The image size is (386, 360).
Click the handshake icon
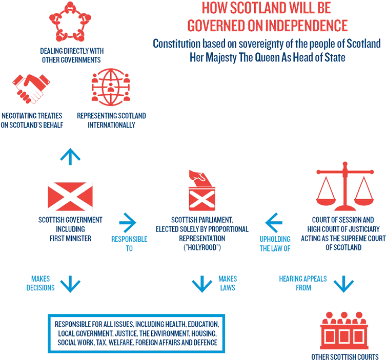tap(31, 89)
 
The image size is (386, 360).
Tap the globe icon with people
tap(111, 87)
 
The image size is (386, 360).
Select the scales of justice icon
tap(345, 186)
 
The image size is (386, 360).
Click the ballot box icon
tap(202, 190)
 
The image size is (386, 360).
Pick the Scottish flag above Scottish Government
tap(70, 197)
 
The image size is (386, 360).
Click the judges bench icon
tap(344, 330)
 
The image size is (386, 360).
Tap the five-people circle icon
tap(70, 22)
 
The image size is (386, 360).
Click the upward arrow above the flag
tap(70, 156)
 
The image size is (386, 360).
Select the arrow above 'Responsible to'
tap(128, 223)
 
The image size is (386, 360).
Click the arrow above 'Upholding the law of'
tap(274, 223)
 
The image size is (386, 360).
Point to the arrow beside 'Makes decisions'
tap(70, 284)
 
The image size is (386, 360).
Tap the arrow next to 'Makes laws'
tap(202, 284)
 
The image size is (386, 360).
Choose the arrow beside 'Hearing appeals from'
tap(343, 284)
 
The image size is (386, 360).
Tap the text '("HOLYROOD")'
tap(202, 247)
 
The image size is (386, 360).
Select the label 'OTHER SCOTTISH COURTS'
tap(345, 357)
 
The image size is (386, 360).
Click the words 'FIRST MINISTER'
tap(70, 238)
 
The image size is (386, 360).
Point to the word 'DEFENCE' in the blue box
tap(206, 343)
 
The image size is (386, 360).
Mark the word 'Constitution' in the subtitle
tap(177, 44)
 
